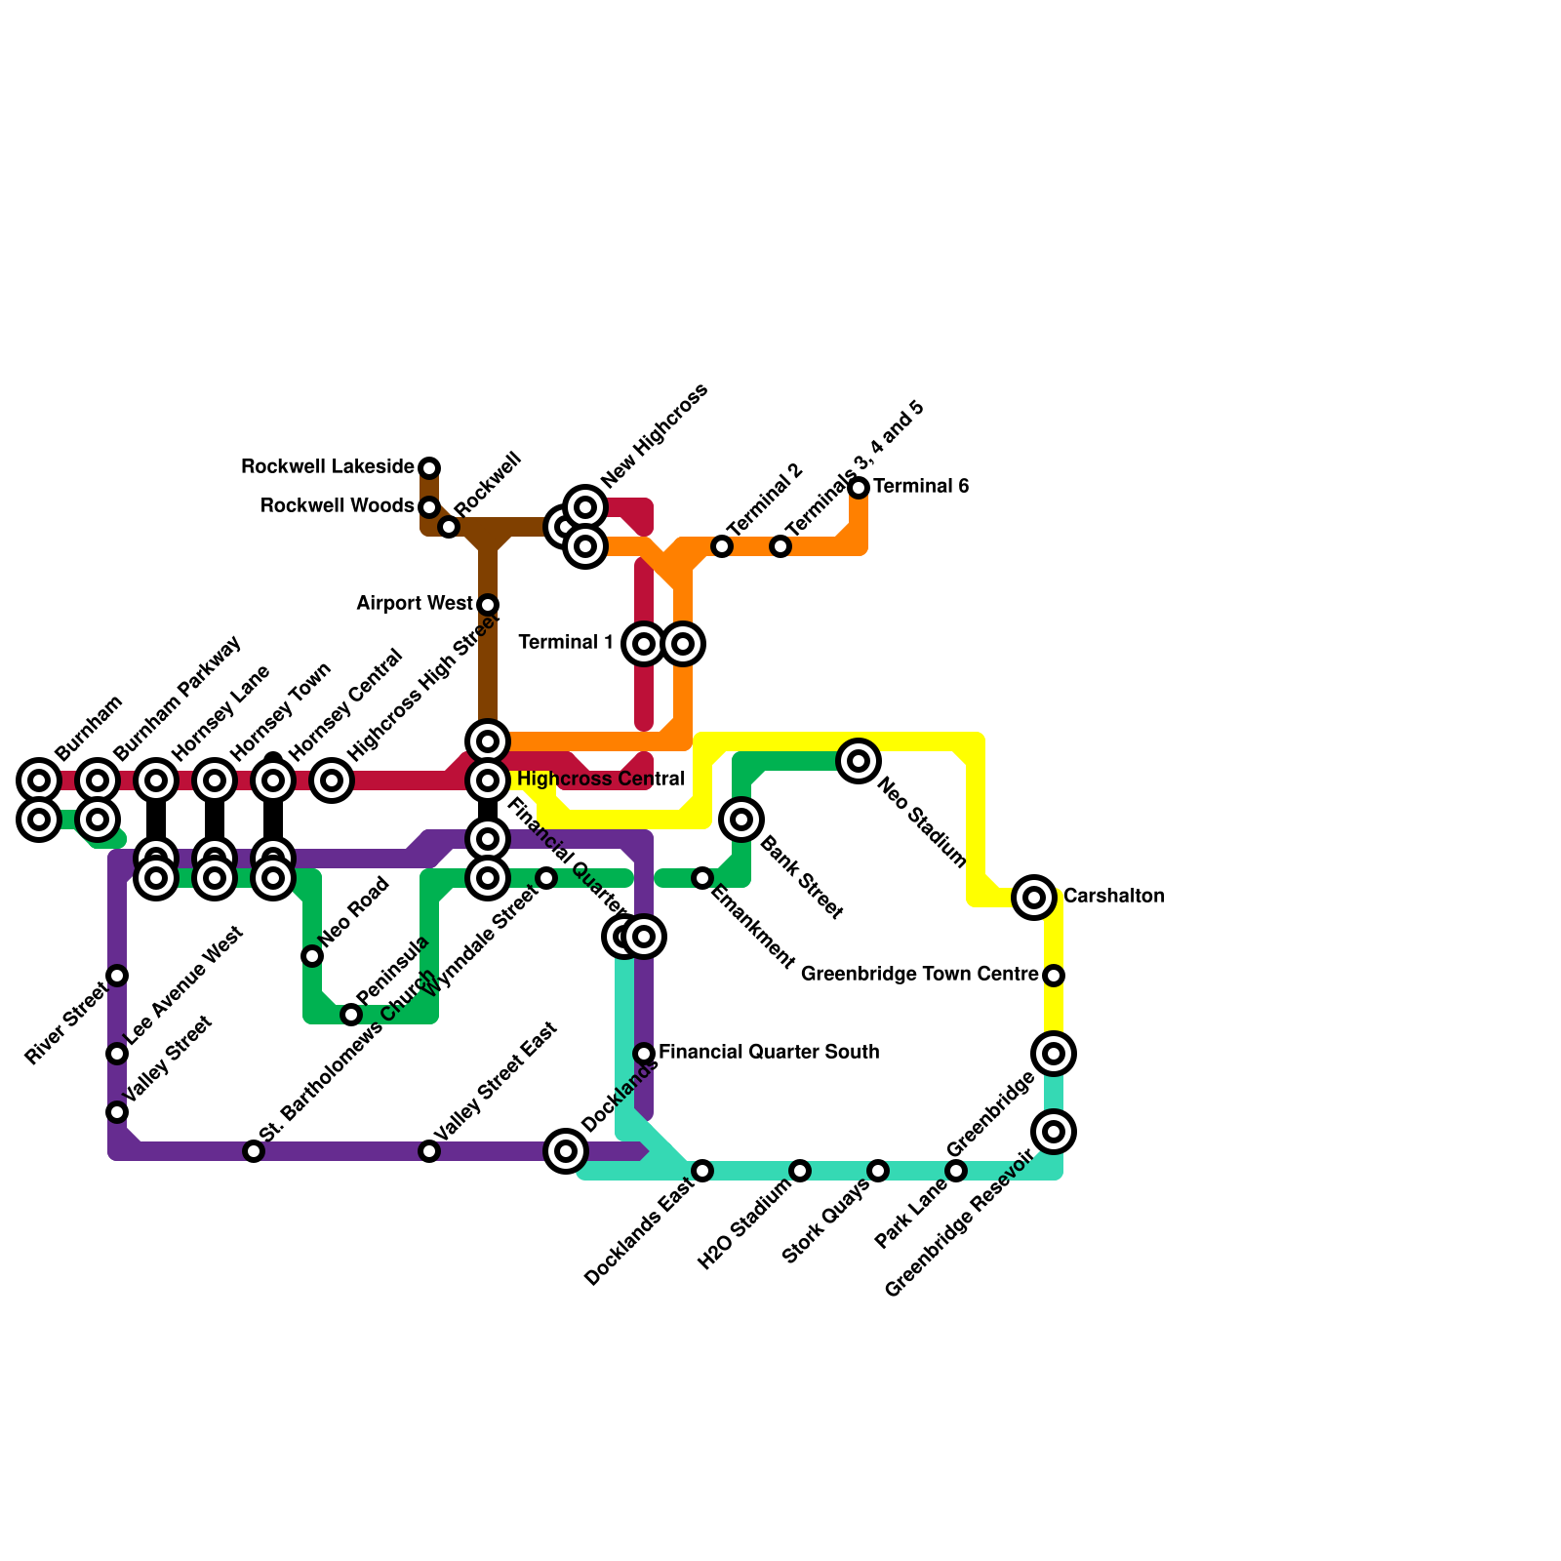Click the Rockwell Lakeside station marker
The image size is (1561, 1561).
(429, 468)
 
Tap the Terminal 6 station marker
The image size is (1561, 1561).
(859, 488)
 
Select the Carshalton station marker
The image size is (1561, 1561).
(1034, 898)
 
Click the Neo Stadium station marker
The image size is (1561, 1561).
(859, 761)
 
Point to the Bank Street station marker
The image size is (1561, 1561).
(741, 820)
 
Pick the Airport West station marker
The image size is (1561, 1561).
(488, 605)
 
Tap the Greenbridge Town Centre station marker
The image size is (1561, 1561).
(1054, 976)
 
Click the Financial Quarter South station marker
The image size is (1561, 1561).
(644, 1054)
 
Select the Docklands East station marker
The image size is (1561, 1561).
(702, 1171)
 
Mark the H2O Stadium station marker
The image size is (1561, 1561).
(800, 1171)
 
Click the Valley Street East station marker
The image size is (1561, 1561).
(429, 1151)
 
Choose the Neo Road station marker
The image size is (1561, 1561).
(312, 956)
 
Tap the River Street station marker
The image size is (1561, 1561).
(117, 976)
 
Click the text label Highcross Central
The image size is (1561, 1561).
(600, 780)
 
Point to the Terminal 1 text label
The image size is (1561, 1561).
(566, 643)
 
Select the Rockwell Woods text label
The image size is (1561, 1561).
(337, 506)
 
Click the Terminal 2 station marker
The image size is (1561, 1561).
(722, 546)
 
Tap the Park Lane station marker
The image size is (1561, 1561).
(956, 1171)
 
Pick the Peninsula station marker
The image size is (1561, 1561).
(351, 1015)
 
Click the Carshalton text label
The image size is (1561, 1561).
(1113, 897)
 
